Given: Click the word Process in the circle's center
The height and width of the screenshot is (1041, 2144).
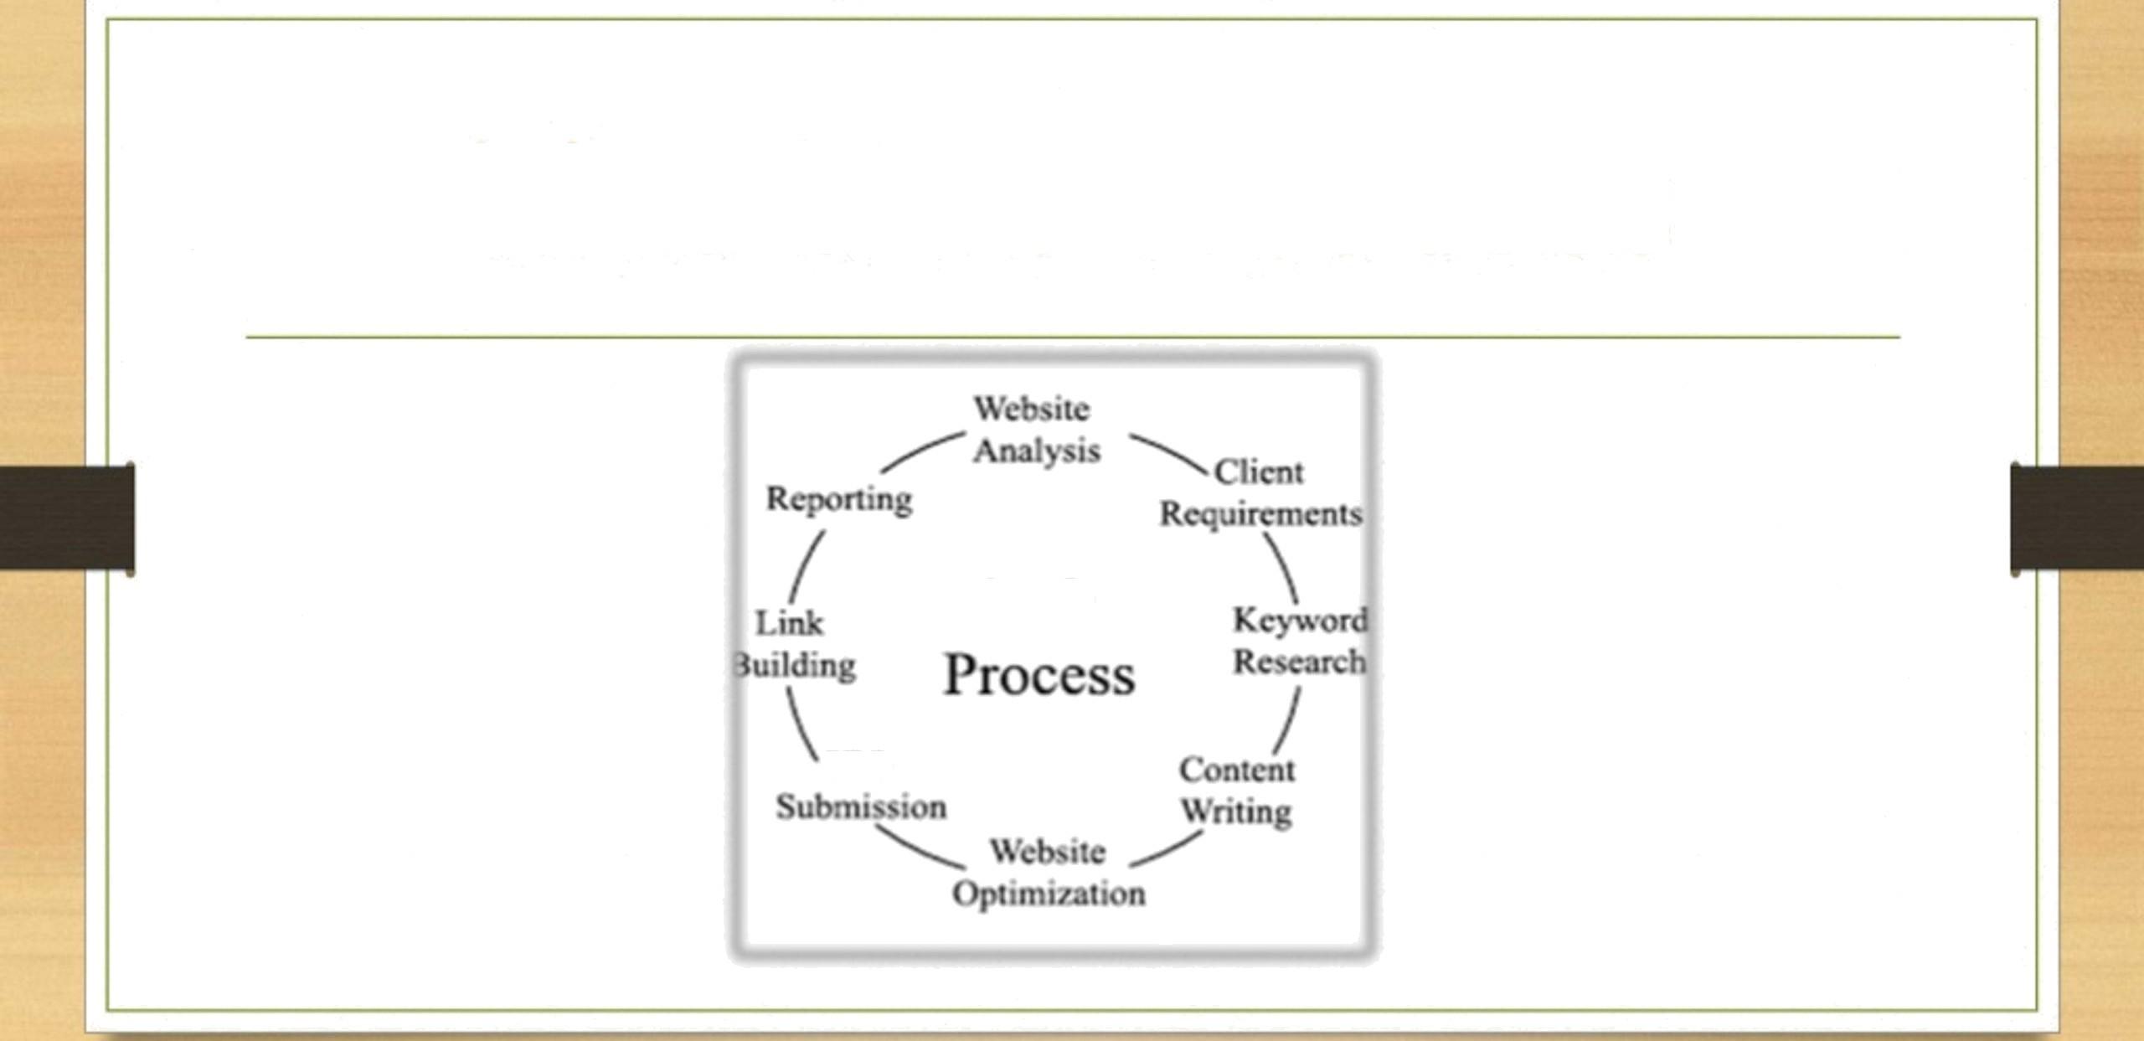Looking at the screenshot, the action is pos(1039,675).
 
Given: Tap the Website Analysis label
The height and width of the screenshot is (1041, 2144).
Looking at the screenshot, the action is pos(1035,430).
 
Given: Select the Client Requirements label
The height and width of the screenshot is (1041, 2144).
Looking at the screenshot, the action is pos(1260,493).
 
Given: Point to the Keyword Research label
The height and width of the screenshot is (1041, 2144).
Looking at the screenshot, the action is pos(1300,641).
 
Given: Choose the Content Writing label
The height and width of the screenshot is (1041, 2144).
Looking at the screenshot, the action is pos(1237,790).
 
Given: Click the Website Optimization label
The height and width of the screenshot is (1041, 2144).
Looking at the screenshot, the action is pos(1049,873).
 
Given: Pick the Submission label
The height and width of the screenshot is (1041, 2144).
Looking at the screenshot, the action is pos(861,807).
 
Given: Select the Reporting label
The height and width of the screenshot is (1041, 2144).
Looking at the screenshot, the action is pos(839,499).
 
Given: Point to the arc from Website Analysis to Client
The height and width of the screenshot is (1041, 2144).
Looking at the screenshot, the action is pos(1167,452).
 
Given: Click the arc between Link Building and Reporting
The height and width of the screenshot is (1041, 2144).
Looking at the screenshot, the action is pos(806,567).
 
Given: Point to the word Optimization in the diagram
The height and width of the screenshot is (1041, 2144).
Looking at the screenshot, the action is pos(1049,894).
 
